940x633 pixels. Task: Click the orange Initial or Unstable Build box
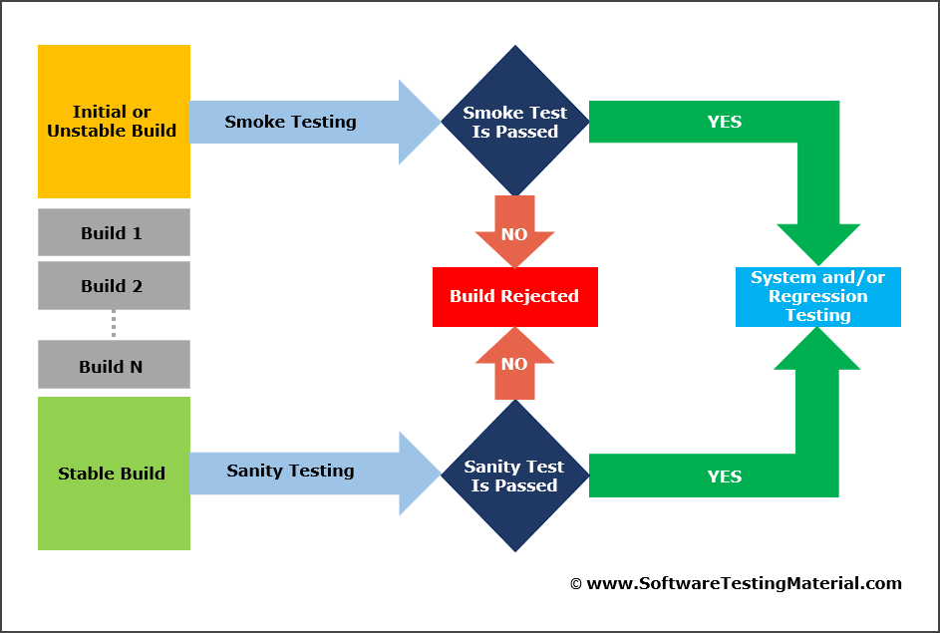click(113, 122)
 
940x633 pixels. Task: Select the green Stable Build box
click(113, 474)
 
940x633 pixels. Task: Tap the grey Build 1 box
click(113, 233)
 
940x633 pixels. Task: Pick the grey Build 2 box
click(113, 286)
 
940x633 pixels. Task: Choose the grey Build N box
click(113, 366)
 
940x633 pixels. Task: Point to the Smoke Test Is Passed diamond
click(515, 122)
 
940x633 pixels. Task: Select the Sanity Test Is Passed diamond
click(515, 475)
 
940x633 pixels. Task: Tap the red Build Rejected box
click(514, 296)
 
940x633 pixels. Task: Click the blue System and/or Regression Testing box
click(817, 296)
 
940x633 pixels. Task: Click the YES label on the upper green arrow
click(725, 122)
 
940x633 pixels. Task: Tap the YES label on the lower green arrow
click(725, 476)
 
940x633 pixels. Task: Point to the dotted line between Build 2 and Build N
click(114, 323)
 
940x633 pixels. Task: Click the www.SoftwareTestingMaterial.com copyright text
click(744, 584)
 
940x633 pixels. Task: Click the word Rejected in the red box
click(542, 296)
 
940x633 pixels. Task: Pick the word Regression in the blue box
click(817, 296)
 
